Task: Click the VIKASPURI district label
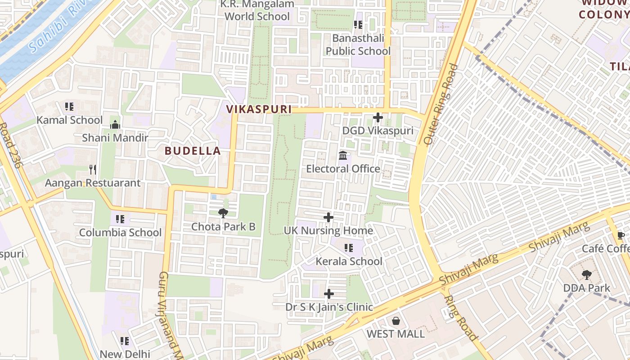pos(259,109)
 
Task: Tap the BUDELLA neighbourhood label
pos(193,151)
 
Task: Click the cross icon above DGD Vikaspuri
pos(378,117)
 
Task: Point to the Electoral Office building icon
pos(343,156)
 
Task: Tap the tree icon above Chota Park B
pos(223,213)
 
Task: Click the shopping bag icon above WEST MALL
pos(396,320)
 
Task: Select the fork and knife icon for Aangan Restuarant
pos(93,170)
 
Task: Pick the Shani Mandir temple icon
pos(115,125)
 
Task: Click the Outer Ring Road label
pos(441,104)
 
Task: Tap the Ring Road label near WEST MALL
pos(460,318)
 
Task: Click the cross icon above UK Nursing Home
pos(328,217)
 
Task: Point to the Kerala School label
pos(349,261)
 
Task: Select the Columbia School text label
pos(120,233)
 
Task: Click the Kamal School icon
pos(69,107)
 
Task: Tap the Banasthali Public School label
pos(358,45)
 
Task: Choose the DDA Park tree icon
pos(586,274)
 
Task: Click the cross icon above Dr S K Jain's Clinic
pos(329,294)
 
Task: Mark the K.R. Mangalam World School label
pos(256,10)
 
